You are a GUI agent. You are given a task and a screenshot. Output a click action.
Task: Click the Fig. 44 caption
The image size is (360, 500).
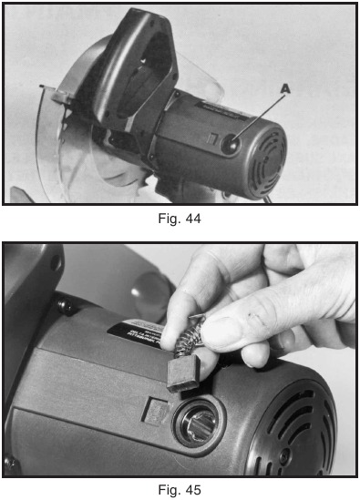tap(179, 219)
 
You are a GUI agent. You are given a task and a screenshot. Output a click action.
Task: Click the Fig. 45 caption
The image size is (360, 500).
tap(179, 489)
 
